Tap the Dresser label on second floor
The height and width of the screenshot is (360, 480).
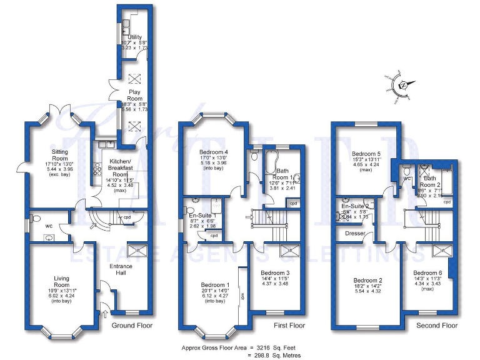click(354, 234)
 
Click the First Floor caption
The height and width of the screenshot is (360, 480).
click(289, 326)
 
